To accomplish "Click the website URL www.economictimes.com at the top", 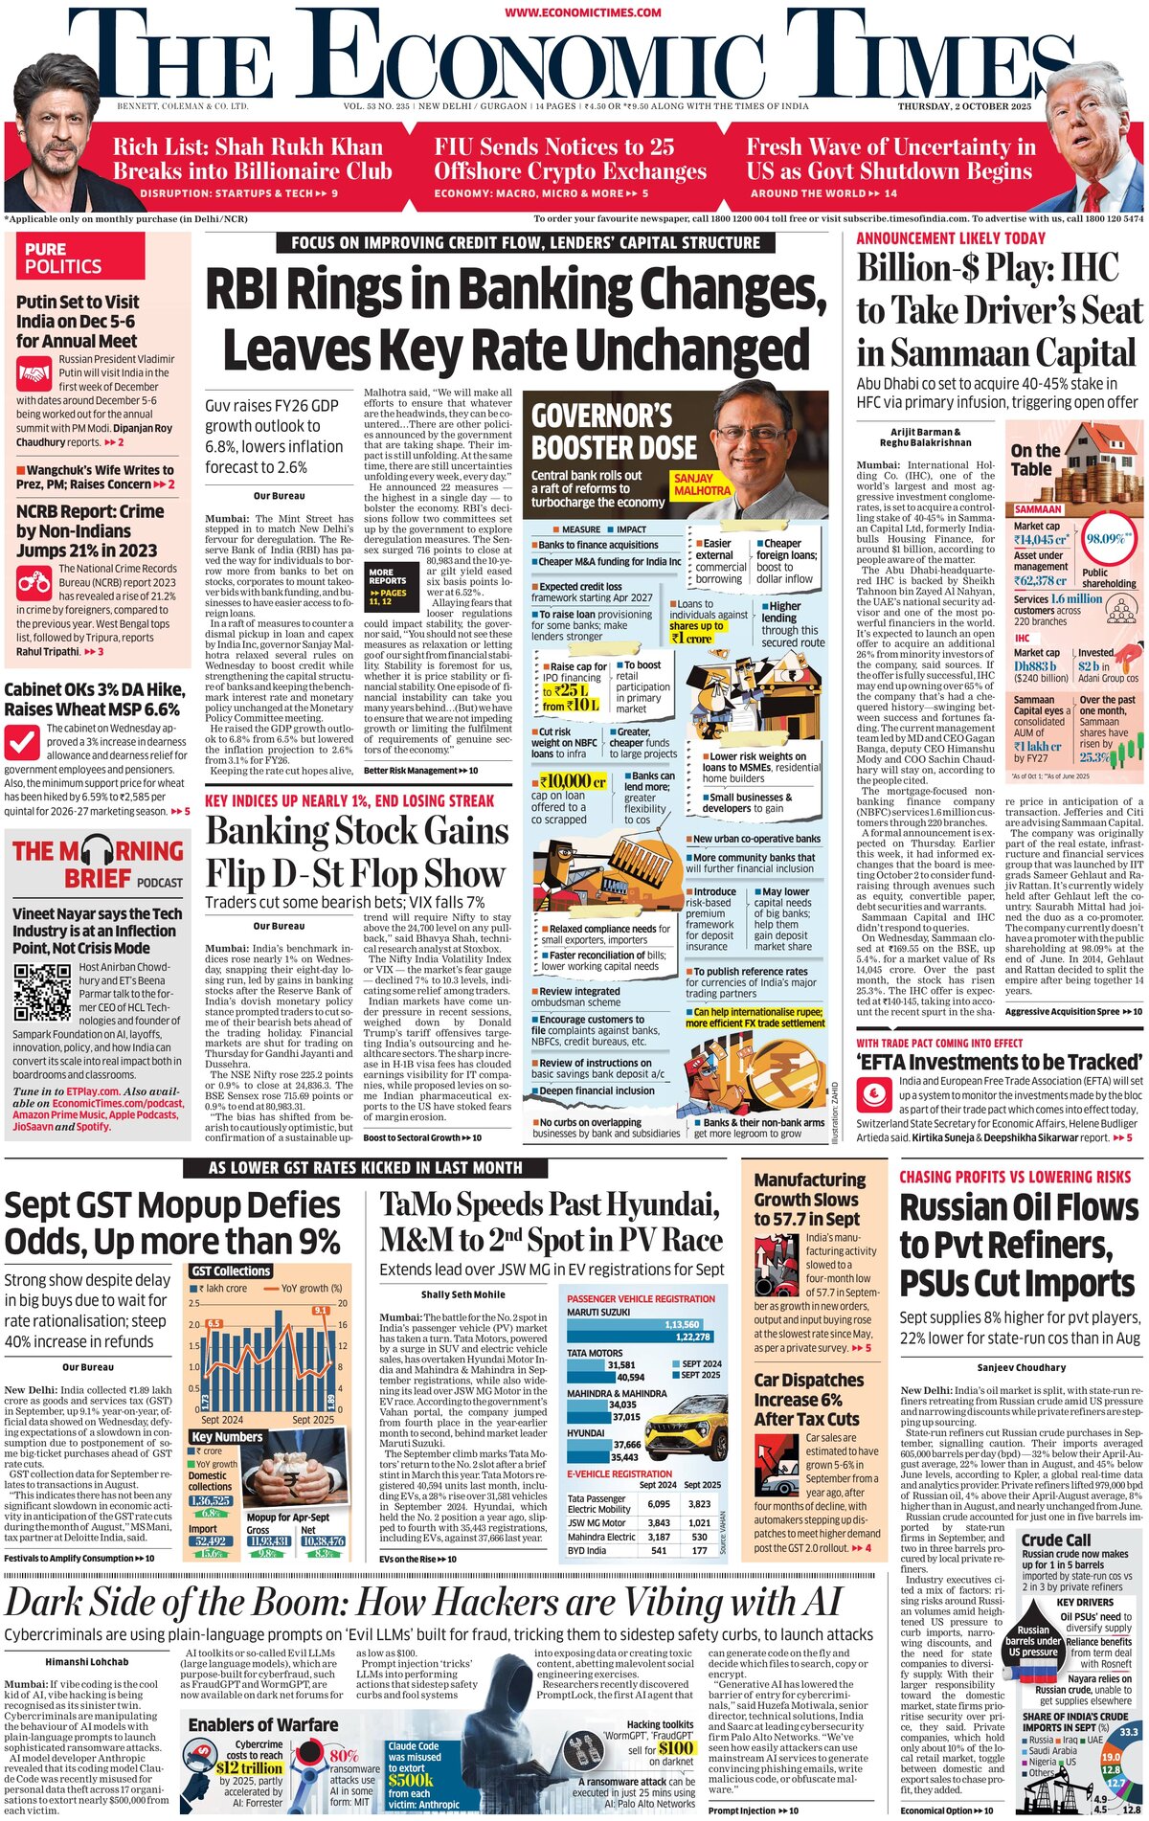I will [x=582, y=11].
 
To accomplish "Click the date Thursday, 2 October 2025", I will [x=964, y=106].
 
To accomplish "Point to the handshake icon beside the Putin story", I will [x=34, y=372].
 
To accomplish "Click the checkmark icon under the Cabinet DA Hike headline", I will [x=22, y=741].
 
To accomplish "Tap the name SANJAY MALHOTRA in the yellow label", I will [x=702, y=484].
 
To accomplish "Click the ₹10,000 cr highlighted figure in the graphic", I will [x=573, y=781].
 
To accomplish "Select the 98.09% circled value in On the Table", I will [x=1105, y=539].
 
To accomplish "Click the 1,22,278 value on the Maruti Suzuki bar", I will [x=692, y=1337].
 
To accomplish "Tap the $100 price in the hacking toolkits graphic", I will [x=676, y=1748].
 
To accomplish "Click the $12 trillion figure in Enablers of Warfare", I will [x=249, y=1767].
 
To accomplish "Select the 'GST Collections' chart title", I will [x=231, y=1271].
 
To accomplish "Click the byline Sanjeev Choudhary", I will [x=1021, y=1367].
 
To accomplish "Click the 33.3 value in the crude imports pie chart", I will [x=1129, y=1732].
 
